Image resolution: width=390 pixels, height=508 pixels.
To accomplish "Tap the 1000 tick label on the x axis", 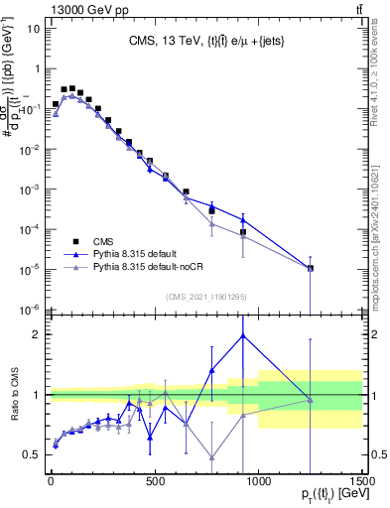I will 258,482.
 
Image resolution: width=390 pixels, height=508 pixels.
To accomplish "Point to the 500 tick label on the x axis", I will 155,482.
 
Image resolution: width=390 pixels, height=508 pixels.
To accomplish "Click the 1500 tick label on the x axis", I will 361,482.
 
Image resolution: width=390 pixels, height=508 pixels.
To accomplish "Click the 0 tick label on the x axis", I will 51,482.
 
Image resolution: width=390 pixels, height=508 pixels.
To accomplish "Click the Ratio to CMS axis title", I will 13,395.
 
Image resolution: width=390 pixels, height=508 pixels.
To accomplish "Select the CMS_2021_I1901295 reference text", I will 205,296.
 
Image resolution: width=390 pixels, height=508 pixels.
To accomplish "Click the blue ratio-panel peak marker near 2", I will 242,335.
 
